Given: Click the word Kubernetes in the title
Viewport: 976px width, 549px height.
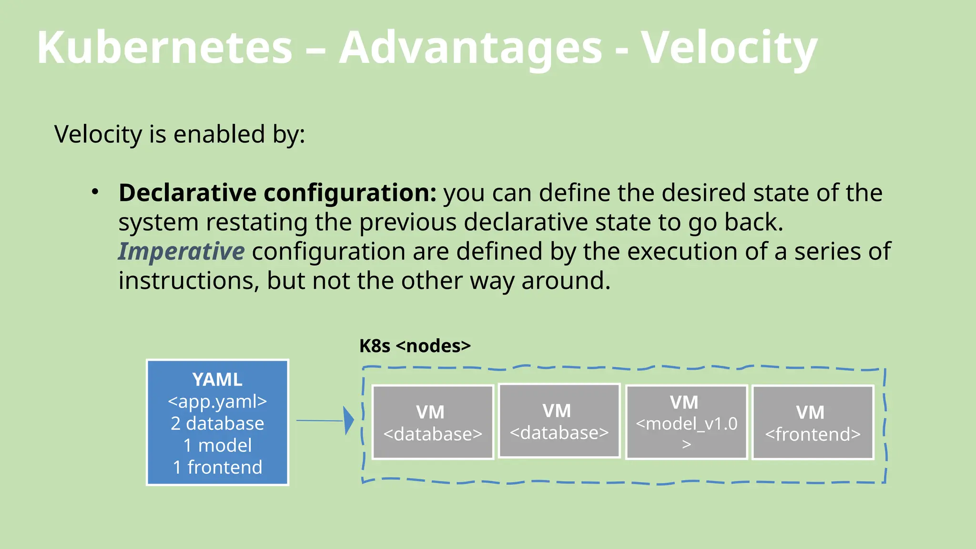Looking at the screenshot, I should point(164,48).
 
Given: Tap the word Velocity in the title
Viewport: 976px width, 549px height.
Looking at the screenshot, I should point(728,48).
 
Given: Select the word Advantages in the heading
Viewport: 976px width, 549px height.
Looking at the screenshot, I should point(470,48).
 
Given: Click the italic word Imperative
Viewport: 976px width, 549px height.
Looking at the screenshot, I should point(181,251).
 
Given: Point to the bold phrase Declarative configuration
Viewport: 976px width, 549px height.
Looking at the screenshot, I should point(277,193).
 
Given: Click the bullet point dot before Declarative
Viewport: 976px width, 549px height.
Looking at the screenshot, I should point(95,192).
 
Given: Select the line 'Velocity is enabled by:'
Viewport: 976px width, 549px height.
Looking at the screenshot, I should point(180,134).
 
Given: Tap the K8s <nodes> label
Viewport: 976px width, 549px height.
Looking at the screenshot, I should point(415,346).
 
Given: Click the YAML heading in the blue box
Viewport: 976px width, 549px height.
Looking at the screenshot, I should point(217,380).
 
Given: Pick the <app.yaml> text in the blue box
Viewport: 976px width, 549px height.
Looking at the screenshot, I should point(217,401).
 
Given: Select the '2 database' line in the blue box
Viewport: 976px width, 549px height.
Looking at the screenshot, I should point(217,423).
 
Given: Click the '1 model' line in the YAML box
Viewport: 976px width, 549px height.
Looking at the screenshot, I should point(217,445).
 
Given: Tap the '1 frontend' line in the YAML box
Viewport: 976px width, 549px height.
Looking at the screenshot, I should point(217,467).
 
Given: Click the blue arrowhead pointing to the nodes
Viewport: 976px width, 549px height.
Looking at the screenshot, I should point(349,420).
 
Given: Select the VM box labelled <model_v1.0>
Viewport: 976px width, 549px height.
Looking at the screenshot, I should point(686,422).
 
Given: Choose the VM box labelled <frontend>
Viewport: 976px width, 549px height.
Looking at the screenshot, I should point(813,422).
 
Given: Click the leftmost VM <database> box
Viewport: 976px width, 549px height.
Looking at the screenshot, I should point(433,422).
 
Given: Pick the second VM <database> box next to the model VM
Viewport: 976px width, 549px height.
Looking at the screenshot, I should point(559,421).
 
